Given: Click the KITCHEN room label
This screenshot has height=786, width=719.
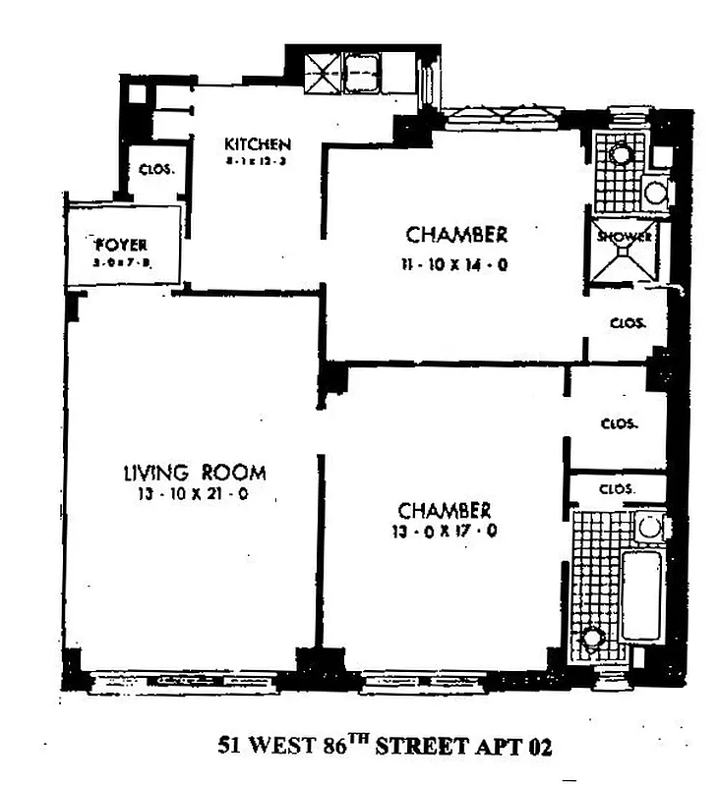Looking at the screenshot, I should click(x=257, y=145).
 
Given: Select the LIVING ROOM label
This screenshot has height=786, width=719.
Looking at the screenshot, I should click(x=194, y=473).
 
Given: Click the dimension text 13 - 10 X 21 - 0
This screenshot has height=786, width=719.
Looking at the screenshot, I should click(x=194, y=494).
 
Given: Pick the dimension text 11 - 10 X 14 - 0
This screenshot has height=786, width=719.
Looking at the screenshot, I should click(x=456, y=263).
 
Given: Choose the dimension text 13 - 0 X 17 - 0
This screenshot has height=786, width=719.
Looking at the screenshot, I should click(x=444, y=533).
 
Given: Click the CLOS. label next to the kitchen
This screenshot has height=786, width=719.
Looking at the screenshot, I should click(x=156, y=169).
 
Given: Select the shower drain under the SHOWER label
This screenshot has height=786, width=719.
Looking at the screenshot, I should click(x=624, y=254).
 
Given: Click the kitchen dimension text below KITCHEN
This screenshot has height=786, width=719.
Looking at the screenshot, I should click(x=257, y=163).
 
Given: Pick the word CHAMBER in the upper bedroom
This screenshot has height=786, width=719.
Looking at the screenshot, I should click(x=456, y=236).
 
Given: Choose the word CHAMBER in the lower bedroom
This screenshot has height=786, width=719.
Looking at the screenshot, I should click(x=444, y=512).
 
